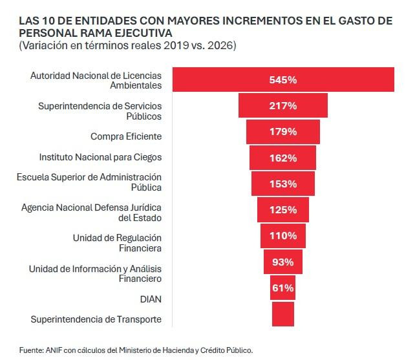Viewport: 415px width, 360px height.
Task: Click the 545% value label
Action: click(x=282, y=80)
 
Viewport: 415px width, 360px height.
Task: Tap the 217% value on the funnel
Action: click(x=282, y=105)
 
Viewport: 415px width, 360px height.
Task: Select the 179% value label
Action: click(x=282, y=132)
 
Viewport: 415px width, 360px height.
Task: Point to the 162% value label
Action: click(x=282, y=158)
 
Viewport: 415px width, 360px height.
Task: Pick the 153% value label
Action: click(x=282, y=184)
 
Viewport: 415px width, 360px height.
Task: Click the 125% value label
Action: click(x=282, y=210)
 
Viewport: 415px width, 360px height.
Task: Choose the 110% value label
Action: click(x=282, y=236)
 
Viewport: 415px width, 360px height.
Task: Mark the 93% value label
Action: click(x=282, y=262)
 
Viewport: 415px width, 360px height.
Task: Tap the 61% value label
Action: click(x=282, y=288)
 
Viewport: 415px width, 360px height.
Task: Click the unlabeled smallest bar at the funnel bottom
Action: click(x=282, y=313)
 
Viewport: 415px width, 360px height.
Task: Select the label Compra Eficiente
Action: click(x=125, y=136)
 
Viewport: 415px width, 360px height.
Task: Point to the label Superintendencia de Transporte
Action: click(x=96, y=319)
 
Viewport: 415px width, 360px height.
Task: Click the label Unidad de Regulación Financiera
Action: click(x=116, y=242)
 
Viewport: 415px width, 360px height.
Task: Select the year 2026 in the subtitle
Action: click(x=220, y=45)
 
